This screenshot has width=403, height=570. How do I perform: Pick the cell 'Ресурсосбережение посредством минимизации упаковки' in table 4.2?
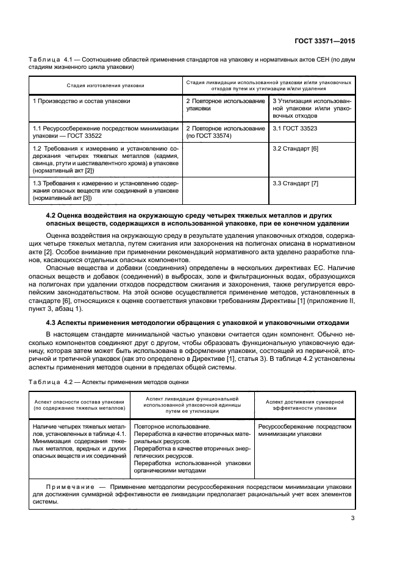click(x=305, y=431)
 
